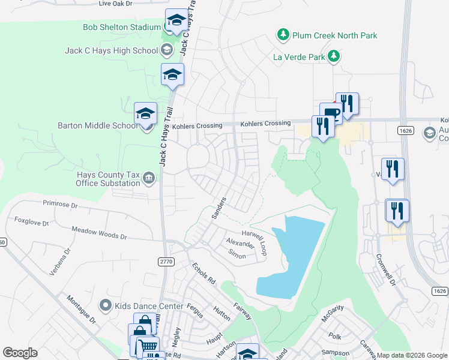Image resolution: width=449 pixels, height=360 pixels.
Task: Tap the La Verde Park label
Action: (298, 57)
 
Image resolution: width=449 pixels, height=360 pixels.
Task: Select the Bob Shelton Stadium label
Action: (122, 27)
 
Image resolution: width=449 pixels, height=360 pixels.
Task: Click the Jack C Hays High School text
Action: (111, 50)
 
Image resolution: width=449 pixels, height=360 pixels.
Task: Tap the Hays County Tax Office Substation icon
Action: (149, 177)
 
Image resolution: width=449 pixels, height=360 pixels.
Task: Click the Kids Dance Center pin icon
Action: (106, 306)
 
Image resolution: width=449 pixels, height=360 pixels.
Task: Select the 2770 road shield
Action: (167, 262)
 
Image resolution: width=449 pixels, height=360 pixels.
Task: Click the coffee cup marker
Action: (331, 113)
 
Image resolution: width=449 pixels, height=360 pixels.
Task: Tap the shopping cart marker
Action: (148, 346)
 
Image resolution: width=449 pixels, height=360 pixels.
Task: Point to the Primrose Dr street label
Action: (59, 205)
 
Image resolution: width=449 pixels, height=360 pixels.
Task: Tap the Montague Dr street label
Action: (81, 309)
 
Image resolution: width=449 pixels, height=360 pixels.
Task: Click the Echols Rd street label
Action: (203, 273)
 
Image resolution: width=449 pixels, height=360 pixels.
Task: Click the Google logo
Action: (20, 353)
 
